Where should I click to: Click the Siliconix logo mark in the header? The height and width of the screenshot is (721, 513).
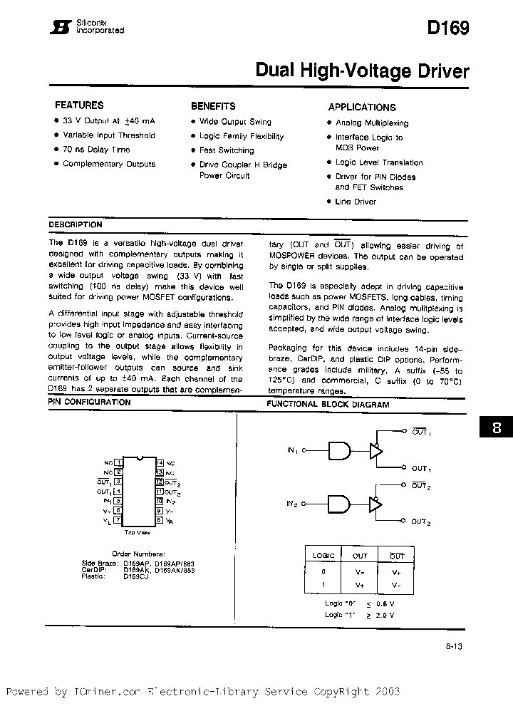tap(62, 27)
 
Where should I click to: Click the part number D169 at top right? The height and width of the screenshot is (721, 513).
tap(448, 28)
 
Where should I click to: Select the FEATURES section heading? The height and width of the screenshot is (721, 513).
tap(79, 105)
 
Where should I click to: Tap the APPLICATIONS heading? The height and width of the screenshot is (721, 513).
tap(362, 107)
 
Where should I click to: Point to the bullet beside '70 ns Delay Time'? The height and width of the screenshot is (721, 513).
tap(56, 150)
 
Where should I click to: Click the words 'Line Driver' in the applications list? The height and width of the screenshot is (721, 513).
tap(356, 202)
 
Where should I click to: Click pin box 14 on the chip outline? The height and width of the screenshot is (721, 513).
tap(160, 462)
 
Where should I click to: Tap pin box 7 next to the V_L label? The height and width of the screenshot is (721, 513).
tap(118, 521)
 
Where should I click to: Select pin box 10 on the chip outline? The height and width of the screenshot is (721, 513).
tap(160, 501)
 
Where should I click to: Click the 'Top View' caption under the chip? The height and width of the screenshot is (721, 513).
tap(138, 532)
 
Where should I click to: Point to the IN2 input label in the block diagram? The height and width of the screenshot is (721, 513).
tap(292, 504)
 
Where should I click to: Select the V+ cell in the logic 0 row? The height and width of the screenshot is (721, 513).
tap(396, 571)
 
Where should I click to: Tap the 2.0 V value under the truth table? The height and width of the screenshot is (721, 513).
tap(384, 614)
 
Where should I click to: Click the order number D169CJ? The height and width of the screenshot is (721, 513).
tap(136, 576)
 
